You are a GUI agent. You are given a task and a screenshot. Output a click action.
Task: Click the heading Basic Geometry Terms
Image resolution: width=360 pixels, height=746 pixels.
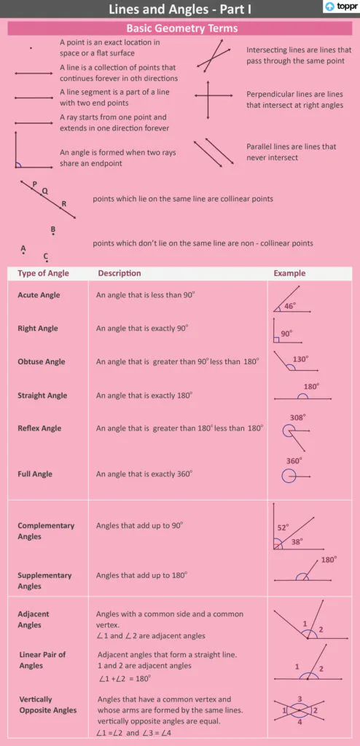coord(181,28)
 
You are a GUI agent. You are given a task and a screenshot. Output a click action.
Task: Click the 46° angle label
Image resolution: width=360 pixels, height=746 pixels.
coord(289,306)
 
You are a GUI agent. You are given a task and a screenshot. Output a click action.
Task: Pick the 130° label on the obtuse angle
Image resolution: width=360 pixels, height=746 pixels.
coord(300,359)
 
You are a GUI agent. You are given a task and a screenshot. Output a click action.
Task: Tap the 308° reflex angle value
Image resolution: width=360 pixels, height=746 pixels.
coord(297,417)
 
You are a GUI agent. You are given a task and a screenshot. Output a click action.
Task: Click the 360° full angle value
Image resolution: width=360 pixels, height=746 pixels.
coord(294,461)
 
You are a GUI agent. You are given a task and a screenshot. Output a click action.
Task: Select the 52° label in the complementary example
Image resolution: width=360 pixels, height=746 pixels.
coord(283,527)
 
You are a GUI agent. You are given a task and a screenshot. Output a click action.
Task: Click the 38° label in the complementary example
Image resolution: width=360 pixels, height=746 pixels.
coord(297,541)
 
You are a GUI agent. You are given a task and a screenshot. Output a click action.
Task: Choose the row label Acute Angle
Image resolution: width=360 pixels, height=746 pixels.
coord(39,295)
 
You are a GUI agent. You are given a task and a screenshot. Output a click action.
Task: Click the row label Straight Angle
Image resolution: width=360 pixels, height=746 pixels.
coord(42,396)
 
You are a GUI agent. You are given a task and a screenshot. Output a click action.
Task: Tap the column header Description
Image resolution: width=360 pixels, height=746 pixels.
coord(120,273)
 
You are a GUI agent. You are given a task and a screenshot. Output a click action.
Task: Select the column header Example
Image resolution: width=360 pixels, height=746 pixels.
coord(289,273)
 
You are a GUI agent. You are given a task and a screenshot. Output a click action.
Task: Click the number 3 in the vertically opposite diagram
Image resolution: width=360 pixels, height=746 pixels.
coord(300,699)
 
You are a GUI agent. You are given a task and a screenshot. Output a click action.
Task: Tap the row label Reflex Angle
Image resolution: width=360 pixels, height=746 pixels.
coord(39,428)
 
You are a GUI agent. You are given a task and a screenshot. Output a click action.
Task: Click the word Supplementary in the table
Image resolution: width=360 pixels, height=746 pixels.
coord(44,575)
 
